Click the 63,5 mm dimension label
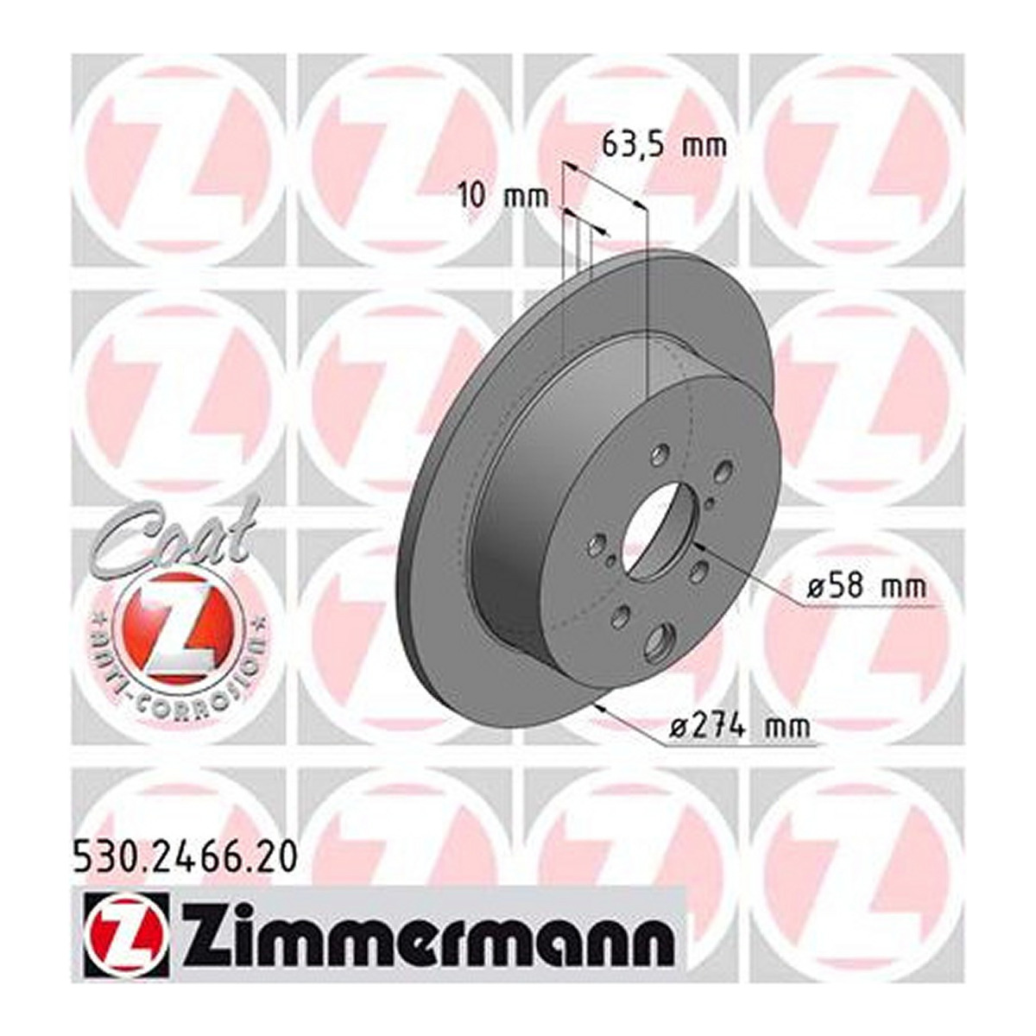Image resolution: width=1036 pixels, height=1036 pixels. tap(663, 145)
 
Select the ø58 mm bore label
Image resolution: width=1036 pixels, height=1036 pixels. tap(867, 587)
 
